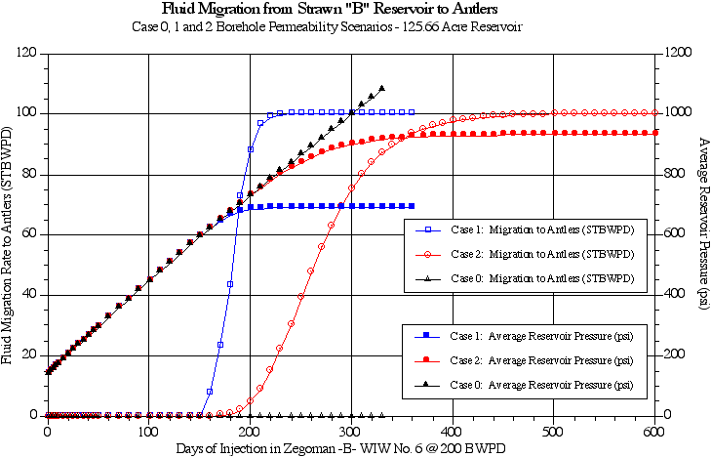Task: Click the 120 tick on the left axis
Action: click(27, 53)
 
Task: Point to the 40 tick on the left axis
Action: click(30, 295)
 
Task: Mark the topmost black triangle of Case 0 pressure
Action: click(381, 88)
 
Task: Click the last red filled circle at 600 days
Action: click(654, 132)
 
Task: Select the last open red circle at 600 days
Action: click(654, 112)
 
